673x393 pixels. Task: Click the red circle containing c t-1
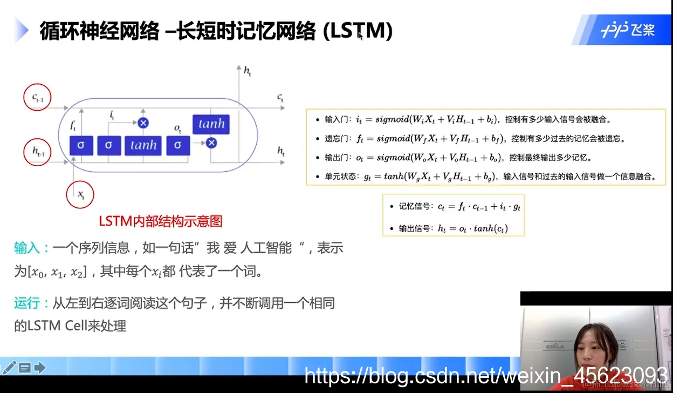click(x=37, y=98)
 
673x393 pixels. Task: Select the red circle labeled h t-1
click(x=37, y=153)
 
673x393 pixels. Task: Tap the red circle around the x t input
click(x=80, y=194)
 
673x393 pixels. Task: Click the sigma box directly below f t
click(x=81, y=145)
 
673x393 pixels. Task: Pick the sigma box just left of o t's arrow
click(x=178, y=145)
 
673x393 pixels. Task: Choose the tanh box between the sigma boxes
click(x=143, y=145)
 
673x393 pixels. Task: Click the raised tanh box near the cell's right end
click(x=211, y=124)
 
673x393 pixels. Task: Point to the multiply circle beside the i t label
click(x=143, y=123)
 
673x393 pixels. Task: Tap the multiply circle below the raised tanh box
click(x=211, y=143)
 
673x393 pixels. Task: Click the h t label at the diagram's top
click(x=247, y=71)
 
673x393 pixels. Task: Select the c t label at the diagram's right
click(x=280, y=98)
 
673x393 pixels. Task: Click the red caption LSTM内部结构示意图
click(x=160, y=221)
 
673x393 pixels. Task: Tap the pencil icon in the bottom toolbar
click(x=10, y=368)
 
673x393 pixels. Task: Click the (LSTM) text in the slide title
click(x=357, y=31)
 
